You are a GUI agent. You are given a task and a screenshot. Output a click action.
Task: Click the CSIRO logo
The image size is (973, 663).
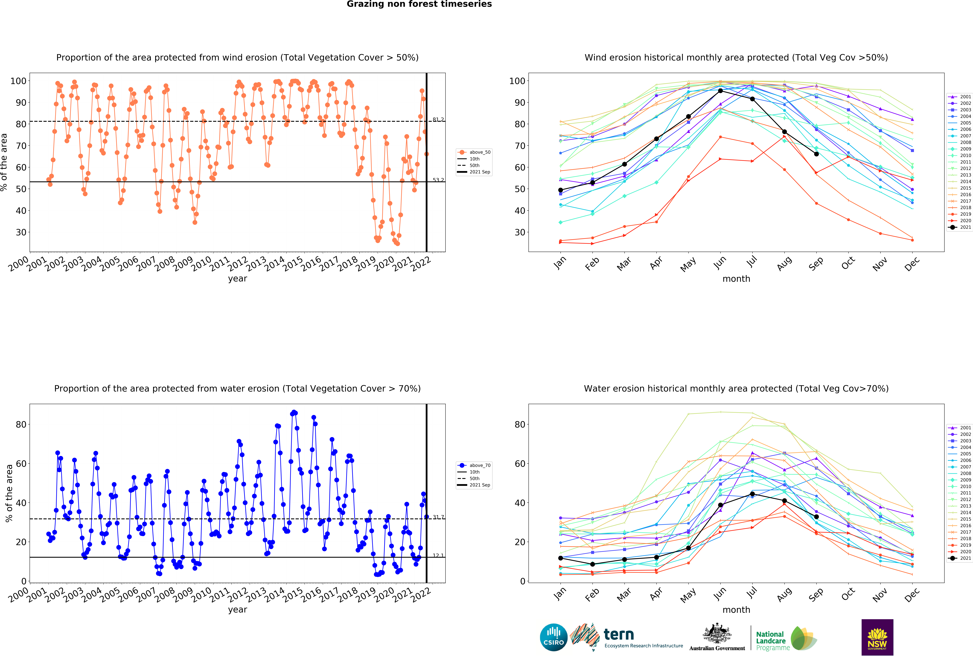(554, 637)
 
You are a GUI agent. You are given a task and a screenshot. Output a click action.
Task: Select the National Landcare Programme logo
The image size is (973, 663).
(786, 638)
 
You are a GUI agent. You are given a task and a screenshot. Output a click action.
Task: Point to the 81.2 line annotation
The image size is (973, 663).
(438, 120)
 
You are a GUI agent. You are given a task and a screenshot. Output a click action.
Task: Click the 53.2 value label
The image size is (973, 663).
(438, 180)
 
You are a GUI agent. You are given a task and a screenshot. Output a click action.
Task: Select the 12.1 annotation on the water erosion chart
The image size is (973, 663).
(438, 555)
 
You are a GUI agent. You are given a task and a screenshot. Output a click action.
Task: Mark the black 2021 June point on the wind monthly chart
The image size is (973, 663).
(720, 91)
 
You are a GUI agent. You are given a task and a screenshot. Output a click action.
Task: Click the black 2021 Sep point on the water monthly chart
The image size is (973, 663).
(816, 516)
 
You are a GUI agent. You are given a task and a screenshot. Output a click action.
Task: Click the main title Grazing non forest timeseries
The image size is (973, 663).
(419, 4)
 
